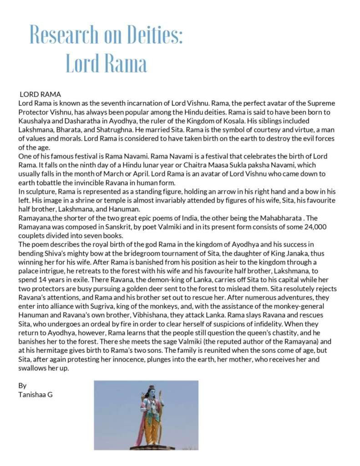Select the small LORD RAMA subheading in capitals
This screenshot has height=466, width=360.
click(x=40, y=95)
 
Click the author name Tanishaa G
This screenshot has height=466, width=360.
click(x=35, y=395)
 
